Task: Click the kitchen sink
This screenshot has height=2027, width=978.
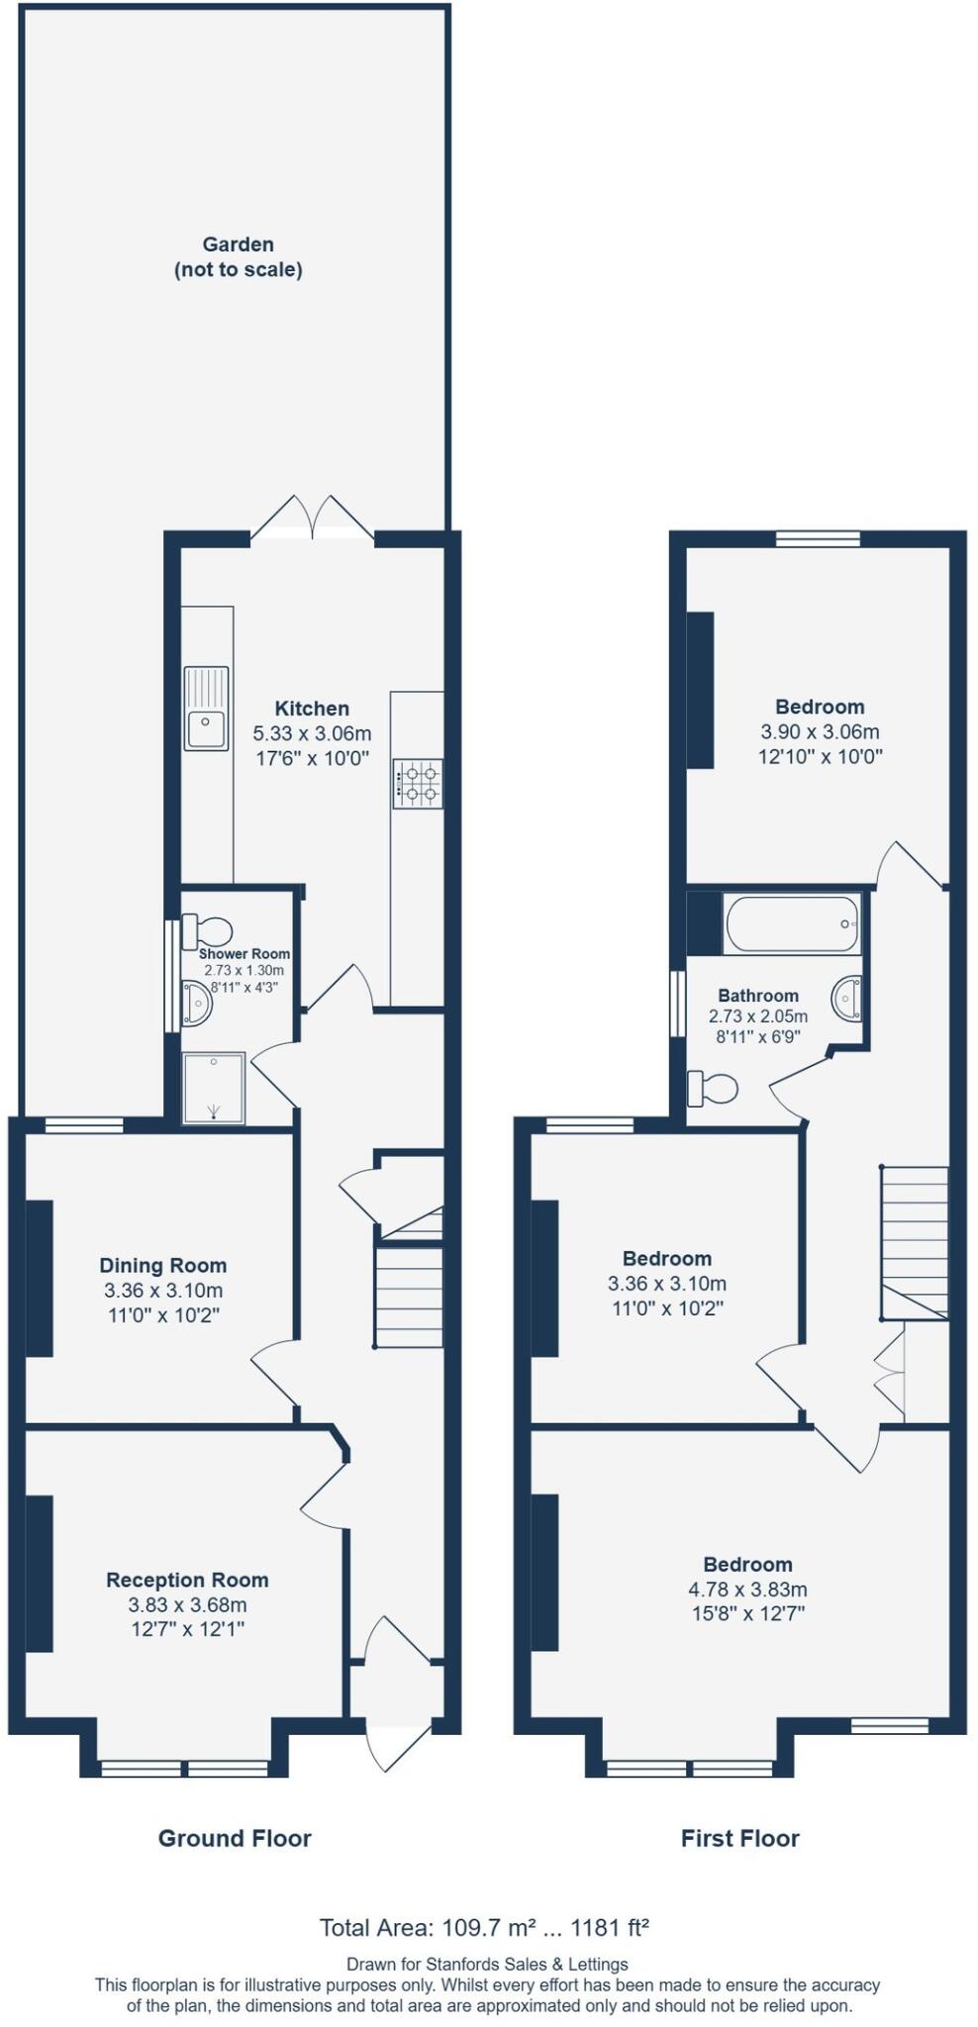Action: [205, 709]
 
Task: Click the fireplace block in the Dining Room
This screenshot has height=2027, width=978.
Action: [39, 1278]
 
